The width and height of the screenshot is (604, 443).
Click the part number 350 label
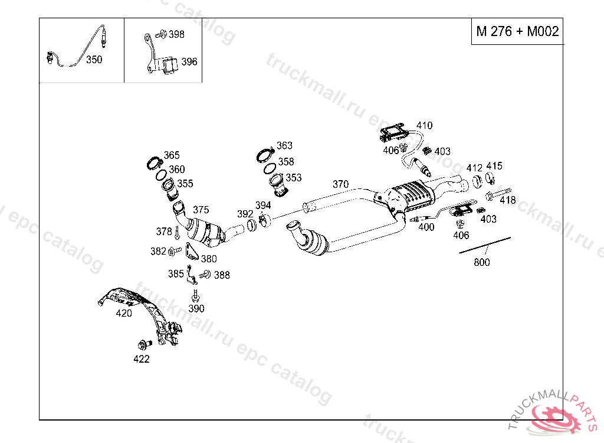point(94,60)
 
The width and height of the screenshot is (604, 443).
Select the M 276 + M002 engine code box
point(517,32)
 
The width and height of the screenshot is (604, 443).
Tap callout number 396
point(189,61)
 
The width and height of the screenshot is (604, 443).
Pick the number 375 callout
point(201,210)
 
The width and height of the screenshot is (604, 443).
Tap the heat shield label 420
point(124,313)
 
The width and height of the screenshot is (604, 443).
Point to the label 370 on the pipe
point(340,184)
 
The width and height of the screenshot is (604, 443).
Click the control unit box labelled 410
point(391,133)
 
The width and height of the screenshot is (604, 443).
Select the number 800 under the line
point(482,262)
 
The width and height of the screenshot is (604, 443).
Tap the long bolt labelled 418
point(498,194)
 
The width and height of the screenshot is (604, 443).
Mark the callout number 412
point(474,168)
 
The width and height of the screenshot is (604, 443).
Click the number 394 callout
point(263,206)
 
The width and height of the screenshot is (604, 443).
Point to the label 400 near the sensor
point(426,227)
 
